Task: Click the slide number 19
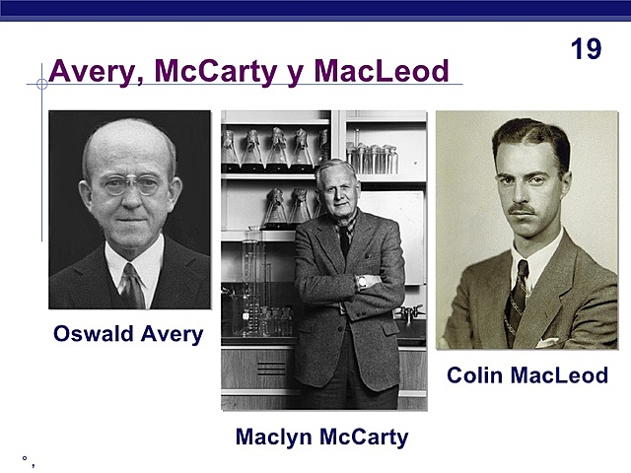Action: point(586,49)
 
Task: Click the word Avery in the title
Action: point(92,71)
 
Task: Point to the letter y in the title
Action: point(307,73)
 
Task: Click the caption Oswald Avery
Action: point(128,334)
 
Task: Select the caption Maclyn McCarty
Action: point(321,437)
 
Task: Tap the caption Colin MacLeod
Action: point(527,375)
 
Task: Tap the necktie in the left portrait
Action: point(131,286)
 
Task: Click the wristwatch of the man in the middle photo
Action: point(362,281)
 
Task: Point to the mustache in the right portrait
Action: point(524,209)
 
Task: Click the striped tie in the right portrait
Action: point(520,286)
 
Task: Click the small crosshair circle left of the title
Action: point(41,85)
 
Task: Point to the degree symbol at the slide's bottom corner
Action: point(24,459)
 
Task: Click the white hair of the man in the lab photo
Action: point(336,168)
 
